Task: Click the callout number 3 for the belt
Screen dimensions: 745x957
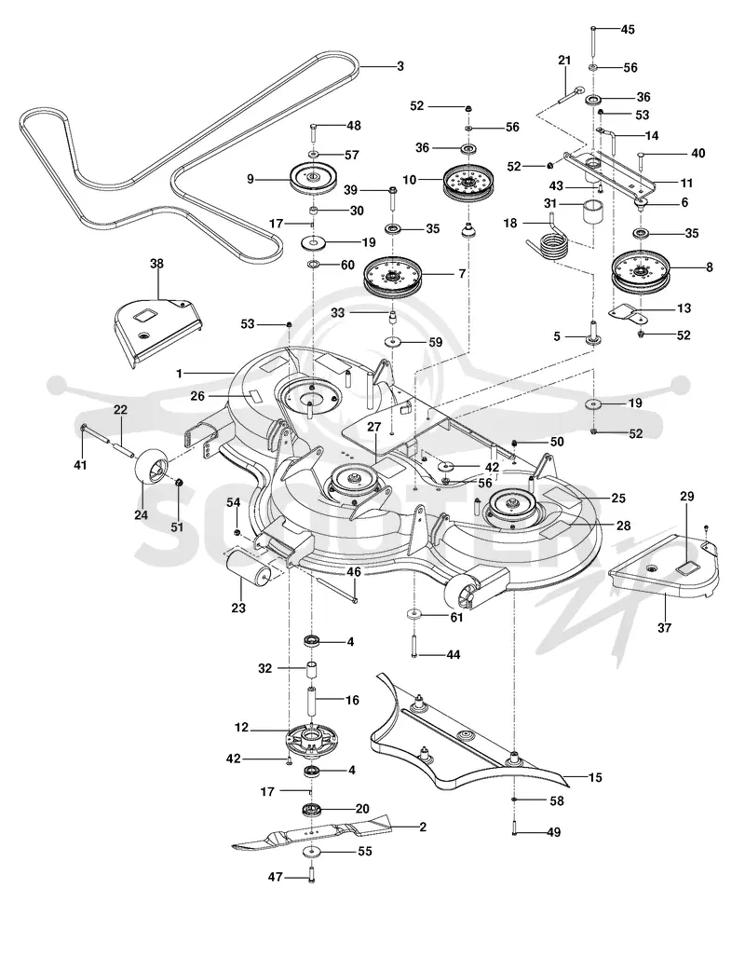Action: (x=400, y=66)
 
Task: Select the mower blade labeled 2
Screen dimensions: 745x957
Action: (x=311, y=834)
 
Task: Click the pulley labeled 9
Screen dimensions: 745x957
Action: (x=314, y=179)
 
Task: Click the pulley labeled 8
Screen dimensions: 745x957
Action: (x=640, y=272)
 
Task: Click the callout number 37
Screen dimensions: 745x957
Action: (x=664, y=627)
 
